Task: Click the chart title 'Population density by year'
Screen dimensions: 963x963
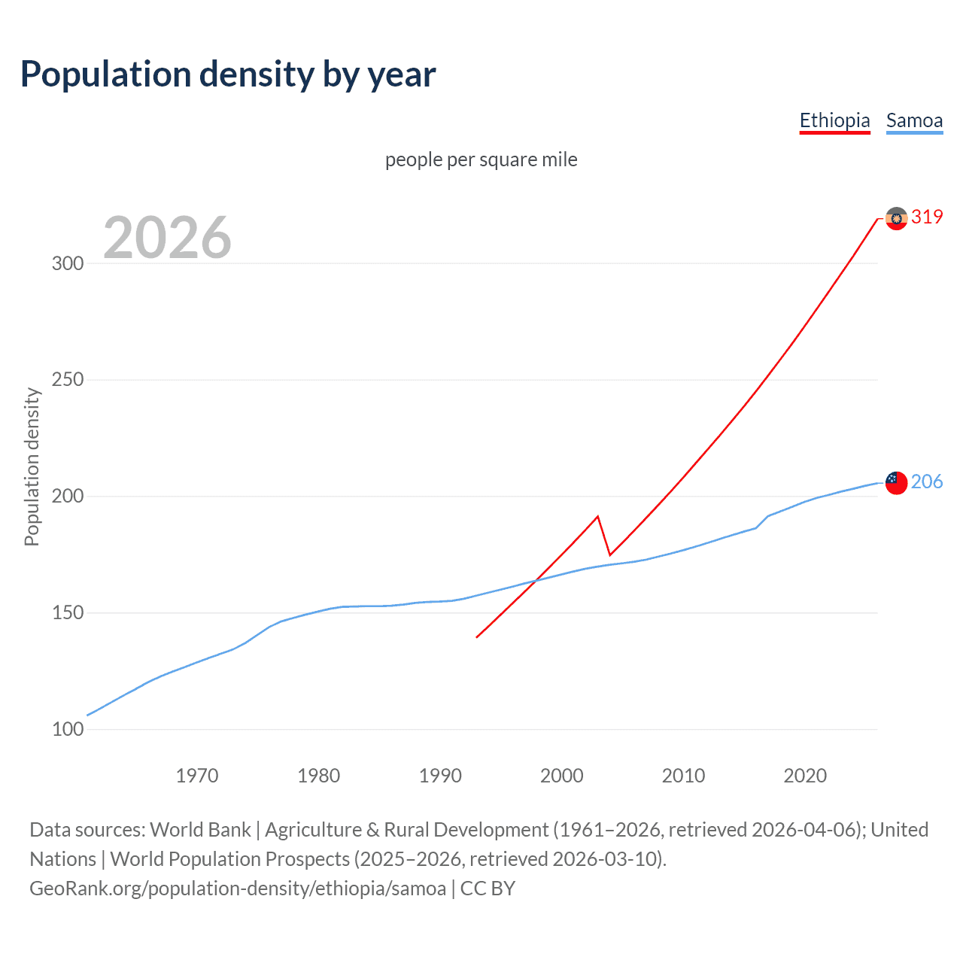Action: [228, 74]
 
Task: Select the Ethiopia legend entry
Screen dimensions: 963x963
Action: [834, 120]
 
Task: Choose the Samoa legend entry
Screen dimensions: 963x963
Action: [914, 120]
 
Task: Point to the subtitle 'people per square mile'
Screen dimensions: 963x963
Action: [481, 159]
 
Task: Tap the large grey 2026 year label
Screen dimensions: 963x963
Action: [167, 238]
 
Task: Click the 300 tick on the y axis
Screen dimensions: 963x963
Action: [68, 263]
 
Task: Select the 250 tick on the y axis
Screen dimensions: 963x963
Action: [68, 380]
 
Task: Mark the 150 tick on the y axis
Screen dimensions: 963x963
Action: [68, 613]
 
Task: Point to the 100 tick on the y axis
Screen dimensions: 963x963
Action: [68, 729]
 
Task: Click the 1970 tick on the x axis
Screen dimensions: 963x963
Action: [197, 776]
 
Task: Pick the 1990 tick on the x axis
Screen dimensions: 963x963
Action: [440, 776]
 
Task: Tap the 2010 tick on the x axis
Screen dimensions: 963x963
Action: [683, 776]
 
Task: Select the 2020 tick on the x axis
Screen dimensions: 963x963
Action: [805, 776]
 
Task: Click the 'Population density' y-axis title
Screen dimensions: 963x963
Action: [32, 466]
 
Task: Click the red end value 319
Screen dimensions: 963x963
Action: [927, 217]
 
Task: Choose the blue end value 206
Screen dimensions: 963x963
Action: [927, 482]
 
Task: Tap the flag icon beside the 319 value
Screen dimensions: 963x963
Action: [896, 218]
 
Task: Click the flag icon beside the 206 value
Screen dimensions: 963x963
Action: [896, 482]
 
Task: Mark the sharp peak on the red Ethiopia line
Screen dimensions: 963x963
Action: [597, 516]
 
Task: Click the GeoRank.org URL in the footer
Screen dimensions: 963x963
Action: [238, 889]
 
